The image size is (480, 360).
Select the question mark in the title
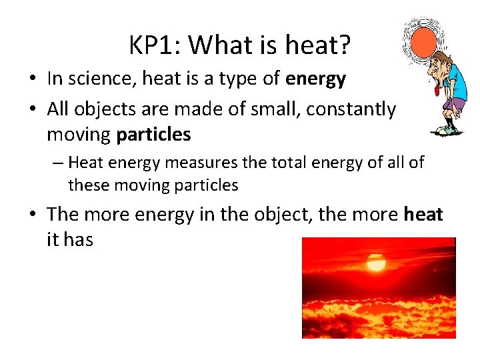(x=345, y=45)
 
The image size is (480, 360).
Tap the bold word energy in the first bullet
(x=315, y=79)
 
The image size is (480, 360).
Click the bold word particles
(x=153, y=135)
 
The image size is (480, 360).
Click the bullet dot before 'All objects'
(x=32, y=108)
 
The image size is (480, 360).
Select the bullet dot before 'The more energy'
(x=32, y=215)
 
